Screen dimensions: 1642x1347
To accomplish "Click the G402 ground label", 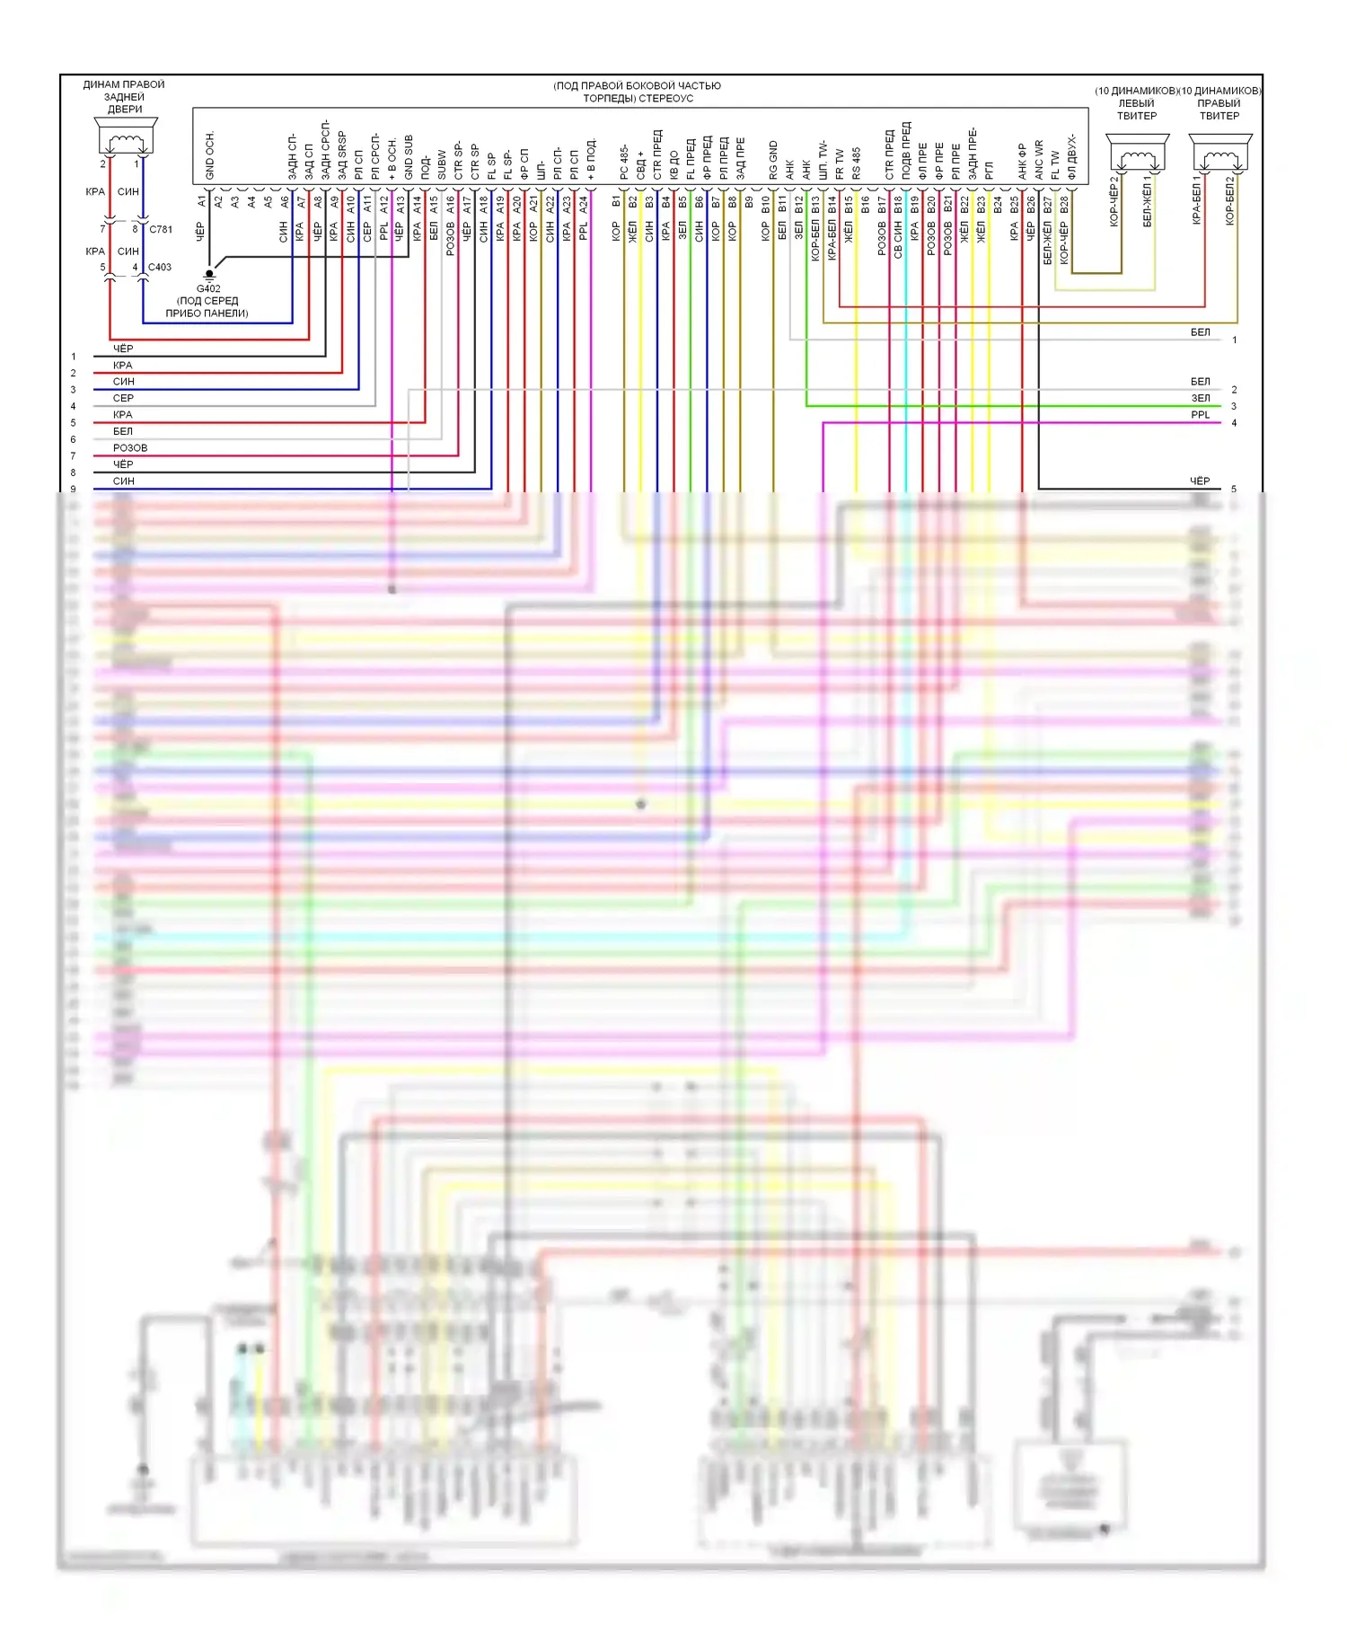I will click(208, 288).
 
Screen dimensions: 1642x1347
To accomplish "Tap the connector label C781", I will click(161, 229).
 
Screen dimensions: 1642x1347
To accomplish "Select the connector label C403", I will click(159, 267).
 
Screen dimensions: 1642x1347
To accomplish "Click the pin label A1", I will click(201, 203).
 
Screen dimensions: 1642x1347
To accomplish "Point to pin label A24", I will click(583, 205).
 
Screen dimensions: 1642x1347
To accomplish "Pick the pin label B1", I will click(616, 203).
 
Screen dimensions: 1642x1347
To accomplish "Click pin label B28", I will click(1064, 205).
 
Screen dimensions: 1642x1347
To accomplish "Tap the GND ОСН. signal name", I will click(210, 155).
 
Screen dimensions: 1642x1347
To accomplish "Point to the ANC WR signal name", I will click(1039, 159).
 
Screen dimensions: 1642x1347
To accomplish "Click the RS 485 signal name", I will click(856, 163).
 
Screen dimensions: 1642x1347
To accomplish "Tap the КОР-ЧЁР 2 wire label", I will click(1114, 201).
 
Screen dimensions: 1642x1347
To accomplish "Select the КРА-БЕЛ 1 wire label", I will click(1197, 199).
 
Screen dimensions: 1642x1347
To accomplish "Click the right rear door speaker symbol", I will click(126, 137).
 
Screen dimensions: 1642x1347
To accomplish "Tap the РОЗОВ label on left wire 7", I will click(129, 447).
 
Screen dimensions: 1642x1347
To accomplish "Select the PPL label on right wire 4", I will click(1200, 415).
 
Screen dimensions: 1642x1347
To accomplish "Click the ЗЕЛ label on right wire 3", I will click(1200, 398).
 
